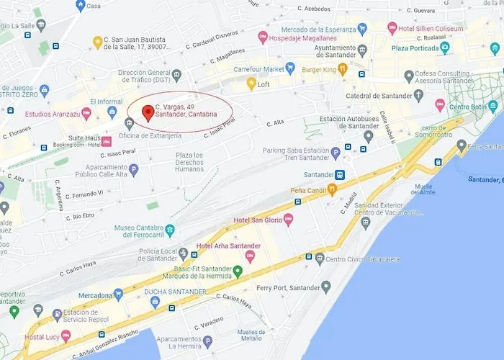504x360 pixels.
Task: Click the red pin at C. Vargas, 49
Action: (x=148, y=112)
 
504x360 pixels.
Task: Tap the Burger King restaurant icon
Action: (x=343, y=69)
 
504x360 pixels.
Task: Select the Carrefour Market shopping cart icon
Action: (x=290, y=68)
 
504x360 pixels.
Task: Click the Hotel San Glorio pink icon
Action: (x=289, y=220)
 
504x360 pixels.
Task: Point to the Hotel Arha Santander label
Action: (x=229, y=246)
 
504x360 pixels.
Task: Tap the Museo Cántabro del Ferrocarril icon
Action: (x=170, y=230)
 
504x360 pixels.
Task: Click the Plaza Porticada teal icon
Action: (x=445, y=48)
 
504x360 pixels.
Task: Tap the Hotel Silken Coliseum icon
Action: (x=392, y=28)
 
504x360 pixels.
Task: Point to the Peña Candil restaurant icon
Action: (x=332, y=189)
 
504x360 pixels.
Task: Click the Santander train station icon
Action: (x=339, y=174)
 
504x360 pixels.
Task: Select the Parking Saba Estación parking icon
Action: (x=336, y=153)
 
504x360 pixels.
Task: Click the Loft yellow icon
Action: (x=251, y=84)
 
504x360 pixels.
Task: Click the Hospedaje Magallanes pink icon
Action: (x=263, y=37)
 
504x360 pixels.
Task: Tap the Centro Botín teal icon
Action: (x=492, y=107)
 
